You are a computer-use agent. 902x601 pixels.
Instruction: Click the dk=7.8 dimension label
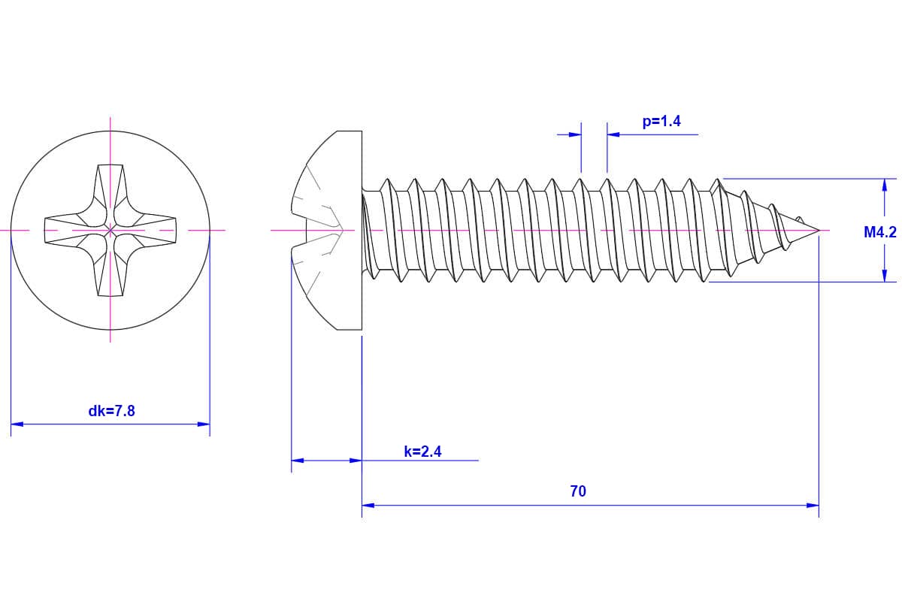click(111, 411)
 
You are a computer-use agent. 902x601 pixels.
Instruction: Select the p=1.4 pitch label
click(661, 121)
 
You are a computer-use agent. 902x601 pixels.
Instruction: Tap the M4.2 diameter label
click(879, 232)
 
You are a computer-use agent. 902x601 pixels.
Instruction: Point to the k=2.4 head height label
click(422, 452)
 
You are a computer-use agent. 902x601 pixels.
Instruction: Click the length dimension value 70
click(578, 491)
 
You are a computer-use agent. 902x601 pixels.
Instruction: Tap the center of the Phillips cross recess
click(110, 229)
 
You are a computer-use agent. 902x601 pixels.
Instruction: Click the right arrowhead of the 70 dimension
click(813, 506)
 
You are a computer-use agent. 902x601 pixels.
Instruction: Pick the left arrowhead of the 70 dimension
click(368, 506)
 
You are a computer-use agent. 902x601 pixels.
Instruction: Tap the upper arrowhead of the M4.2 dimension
click(885, 185)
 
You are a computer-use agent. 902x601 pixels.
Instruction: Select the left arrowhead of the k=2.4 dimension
click(297, 460)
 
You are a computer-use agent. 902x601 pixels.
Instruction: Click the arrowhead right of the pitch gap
click(613, 134)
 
